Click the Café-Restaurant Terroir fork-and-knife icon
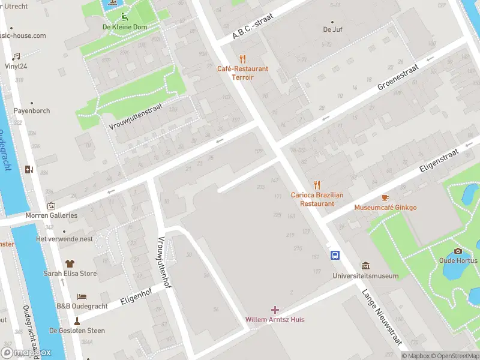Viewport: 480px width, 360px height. pyautogui.click(x=242, y=59)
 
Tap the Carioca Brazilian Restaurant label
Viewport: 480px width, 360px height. pyautogui.click(x=317, y=199)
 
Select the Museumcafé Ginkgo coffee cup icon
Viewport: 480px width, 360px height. pyautogui.click(x=385, y=197)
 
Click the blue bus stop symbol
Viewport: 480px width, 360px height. pyautogui.click(x=335, y=256)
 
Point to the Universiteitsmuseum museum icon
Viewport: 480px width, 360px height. pyautogui.click(x=365, y=266)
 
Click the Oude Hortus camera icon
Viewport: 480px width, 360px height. pyautogui.click(x=458, y=251)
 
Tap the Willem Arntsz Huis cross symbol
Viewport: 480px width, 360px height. pyautogui.click(x=275, y=310)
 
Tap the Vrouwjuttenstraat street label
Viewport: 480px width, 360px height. pyautogui.click(x=136, y=115)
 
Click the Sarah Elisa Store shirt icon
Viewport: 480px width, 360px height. pyautogui.click(x=70, y=263)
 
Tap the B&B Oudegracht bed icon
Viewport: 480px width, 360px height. pyautogui.click(x=82, y=296)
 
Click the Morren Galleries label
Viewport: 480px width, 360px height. pyautogui.click(x=51, y=215)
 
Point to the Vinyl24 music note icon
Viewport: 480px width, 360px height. pyautogui.click(x=16, y=56)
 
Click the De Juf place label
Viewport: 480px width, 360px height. pyautogui.click(x=332, y=29)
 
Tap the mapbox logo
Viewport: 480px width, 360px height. pyautogui.click(x=26, y=353)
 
